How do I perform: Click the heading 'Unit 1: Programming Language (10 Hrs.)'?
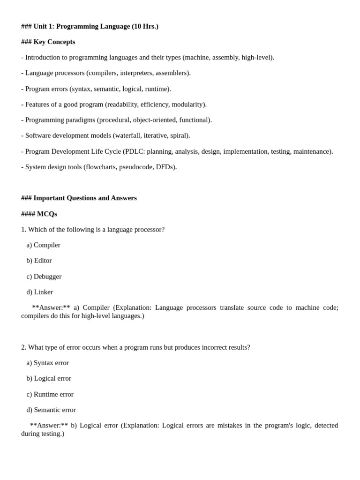click(x=96, y=26)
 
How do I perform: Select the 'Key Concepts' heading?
click(x=54, y=42)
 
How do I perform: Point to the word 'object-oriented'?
click(x=156, y=120)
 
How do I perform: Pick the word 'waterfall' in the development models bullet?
click(x=129, y=135)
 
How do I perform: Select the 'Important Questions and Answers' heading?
click(x=85, y=198)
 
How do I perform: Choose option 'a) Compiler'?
click(x=43, y=245)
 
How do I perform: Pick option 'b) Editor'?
click(x=39, y=260)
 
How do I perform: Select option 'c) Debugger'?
click(x=44, y=276)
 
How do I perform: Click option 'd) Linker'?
click(x=39, y=292)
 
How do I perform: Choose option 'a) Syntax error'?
click(x=47, y=362)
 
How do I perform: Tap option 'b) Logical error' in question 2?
click(x=49, y=378)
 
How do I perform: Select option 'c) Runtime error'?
click(x=50, y=394)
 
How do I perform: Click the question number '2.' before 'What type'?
click(x=23, y=347)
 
